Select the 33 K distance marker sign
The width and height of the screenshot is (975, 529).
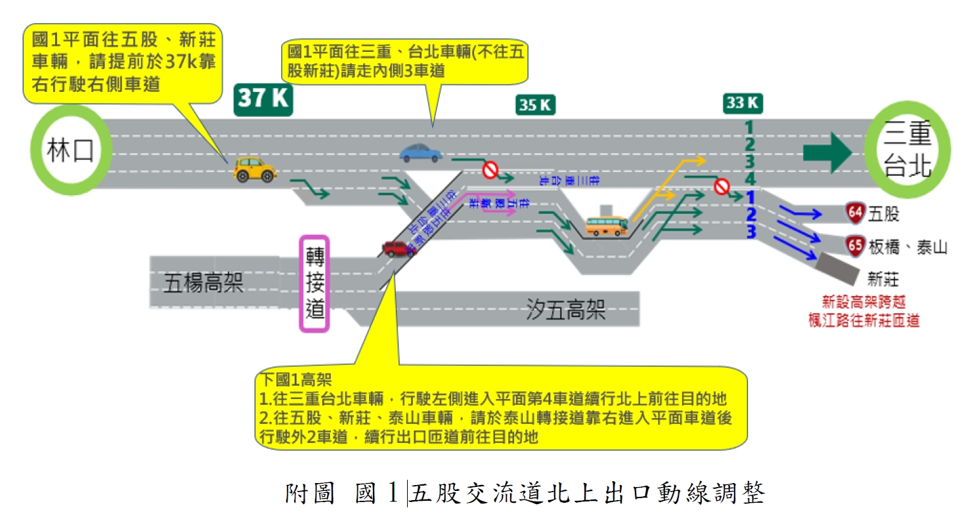pos(743,103)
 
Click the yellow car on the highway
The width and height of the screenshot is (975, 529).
pos(255,169)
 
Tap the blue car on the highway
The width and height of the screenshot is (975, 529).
pos(421,153)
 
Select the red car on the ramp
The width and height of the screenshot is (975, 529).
pos(395,248)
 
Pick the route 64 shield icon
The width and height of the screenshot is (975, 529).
pos(855,214)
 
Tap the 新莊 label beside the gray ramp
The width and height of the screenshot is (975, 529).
pos(882,279)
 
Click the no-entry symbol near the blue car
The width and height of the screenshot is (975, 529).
pos(490,171)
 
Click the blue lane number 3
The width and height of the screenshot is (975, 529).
pos(751,232)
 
